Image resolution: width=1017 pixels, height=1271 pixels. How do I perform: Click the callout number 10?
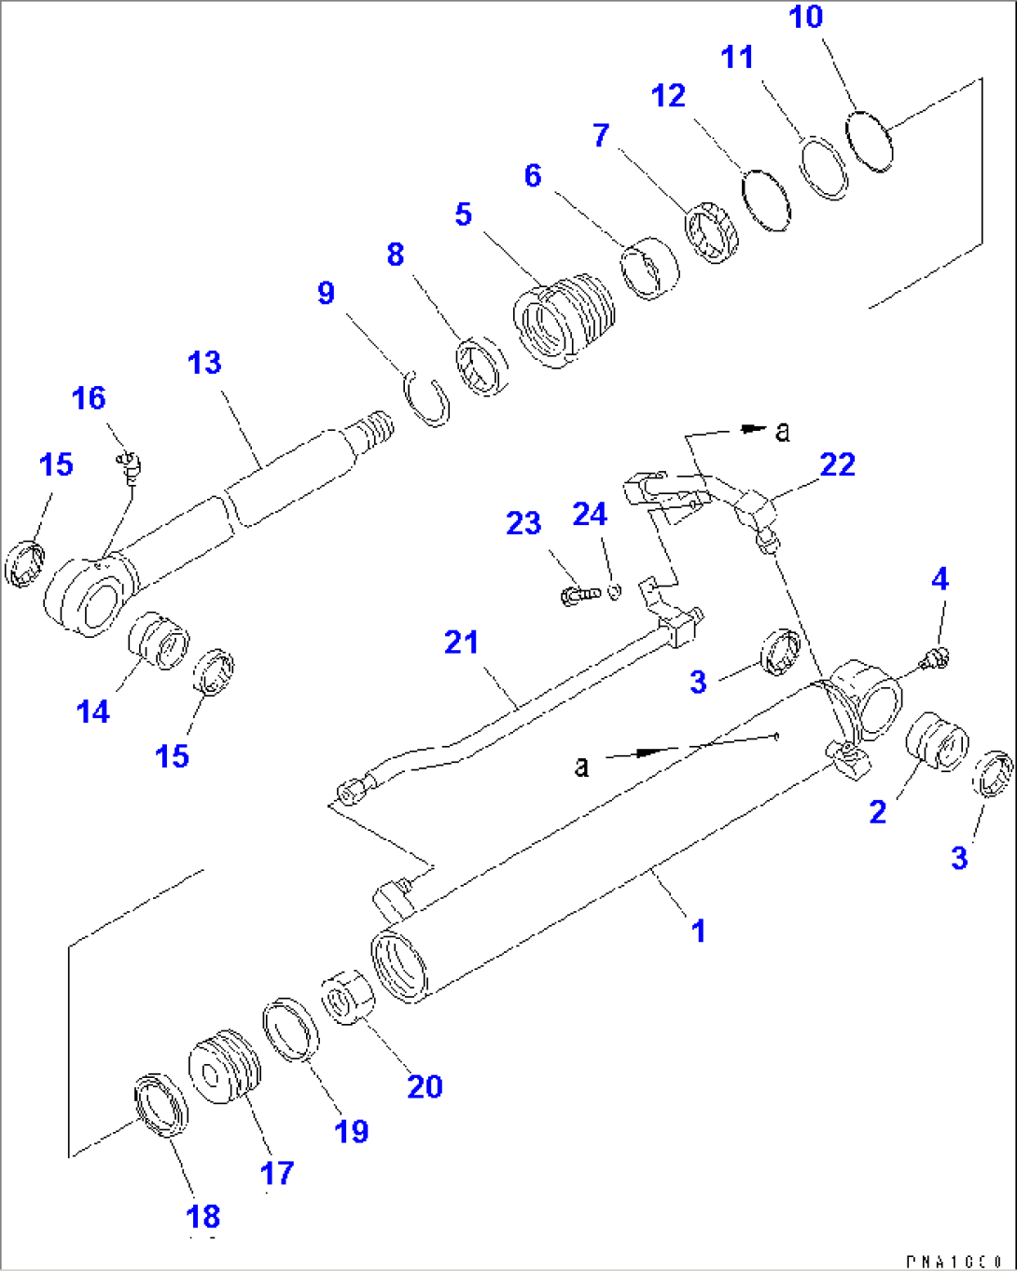coord(806,17)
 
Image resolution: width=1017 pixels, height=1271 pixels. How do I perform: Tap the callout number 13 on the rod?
coord(204,362)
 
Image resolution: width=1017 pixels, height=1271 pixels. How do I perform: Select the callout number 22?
coord(836,464)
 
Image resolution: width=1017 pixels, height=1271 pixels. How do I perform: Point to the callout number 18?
coord(202,1216)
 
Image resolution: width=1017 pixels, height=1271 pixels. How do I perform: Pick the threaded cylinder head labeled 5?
coord(563,318)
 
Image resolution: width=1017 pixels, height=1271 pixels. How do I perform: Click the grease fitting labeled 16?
coord(128,463)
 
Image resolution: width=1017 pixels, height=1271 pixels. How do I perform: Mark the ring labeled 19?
coord(289,1029)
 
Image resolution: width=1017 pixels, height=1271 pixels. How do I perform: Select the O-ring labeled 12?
coord(766,200)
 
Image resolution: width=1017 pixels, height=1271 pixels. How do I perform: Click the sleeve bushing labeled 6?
coord(650,269)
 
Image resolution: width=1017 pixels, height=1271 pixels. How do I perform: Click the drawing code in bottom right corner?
coord(958,1261)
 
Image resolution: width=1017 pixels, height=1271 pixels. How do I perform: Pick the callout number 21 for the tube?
coord(461,642)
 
